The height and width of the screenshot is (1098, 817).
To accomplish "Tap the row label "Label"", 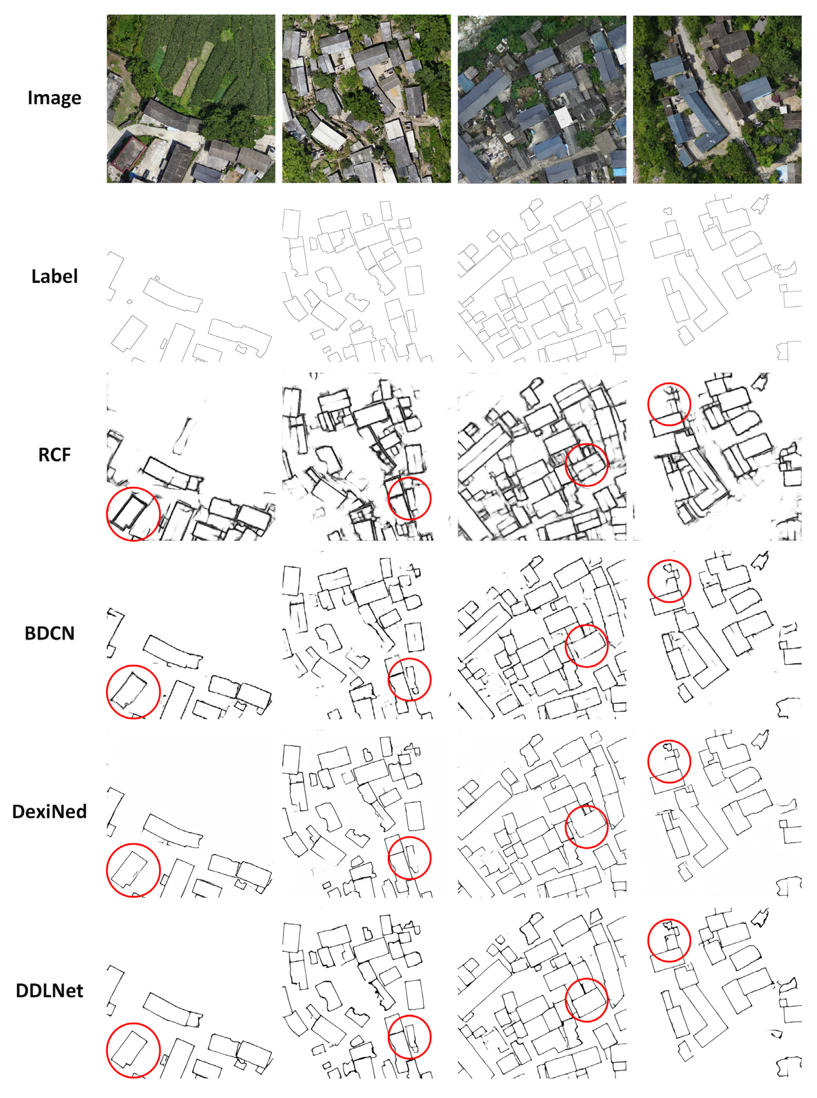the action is (54, 276).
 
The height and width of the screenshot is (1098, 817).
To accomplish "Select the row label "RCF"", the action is (54, 454).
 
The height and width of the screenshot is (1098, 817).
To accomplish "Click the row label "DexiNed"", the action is (50, 811).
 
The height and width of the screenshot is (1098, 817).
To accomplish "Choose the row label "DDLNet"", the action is (50, 991).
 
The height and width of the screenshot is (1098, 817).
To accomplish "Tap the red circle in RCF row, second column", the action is (410, 498).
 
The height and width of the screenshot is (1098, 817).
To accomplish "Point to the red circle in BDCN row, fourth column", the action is (669, 581).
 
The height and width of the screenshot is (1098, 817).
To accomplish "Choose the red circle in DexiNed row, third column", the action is (586, 827).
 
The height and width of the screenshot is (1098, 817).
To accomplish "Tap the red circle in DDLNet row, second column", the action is (410, 1037).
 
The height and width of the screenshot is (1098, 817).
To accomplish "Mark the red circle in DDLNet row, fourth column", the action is (669, 940).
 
